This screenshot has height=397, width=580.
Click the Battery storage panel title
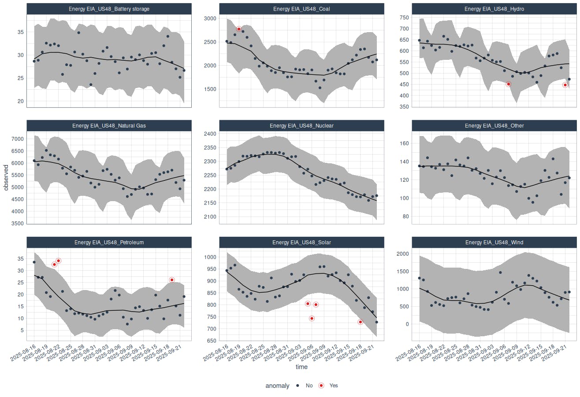109,9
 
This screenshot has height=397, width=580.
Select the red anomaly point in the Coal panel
239,29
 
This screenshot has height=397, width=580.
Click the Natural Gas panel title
109,125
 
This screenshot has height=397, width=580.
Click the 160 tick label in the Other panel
404,143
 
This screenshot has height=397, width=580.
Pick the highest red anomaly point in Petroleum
58,261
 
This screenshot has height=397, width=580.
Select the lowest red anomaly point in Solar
361,322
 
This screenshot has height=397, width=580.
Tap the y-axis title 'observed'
6,178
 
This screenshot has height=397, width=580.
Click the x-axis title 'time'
301,367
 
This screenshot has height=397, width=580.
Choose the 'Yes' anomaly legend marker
321,386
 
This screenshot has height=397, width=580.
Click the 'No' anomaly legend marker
298,386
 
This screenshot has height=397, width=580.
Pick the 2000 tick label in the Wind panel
403,254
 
